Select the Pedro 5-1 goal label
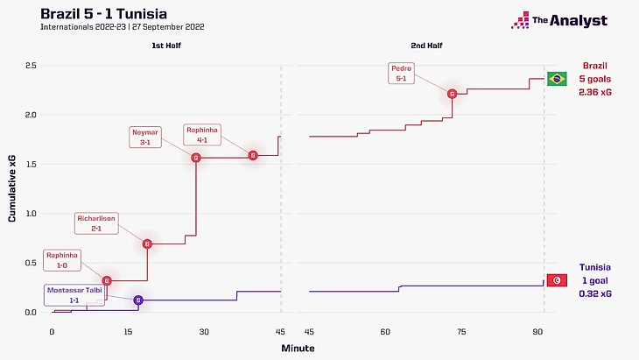pyautogui.click(x=404, y=73)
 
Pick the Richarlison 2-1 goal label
pyautogui.click(x=96, y=223)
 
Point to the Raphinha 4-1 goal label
pyautogui.click(x=203, y=134)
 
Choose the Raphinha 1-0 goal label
pyautogui.click(x=62, y=259)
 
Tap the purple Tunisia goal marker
pyautogui.click(x=138, y=300)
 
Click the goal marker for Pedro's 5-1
pyautogui.click(x=453, y=94)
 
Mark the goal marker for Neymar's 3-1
pyautogui.click(x=196, y=158)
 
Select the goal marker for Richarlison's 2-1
pyautogui.click(x=147, y=244)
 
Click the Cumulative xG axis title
pyautogui.click(x=12, y=189)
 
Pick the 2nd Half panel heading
pyautogui.click(x=425, y=45)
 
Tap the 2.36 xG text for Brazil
pyautogui.click(x=594, y=92)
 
